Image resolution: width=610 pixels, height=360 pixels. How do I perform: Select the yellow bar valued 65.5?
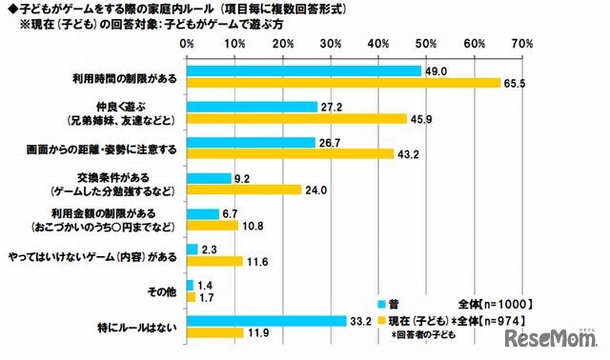coord(343,83)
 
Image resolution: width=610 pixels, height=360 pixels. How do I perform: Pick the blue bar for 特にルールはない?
coord(266,321)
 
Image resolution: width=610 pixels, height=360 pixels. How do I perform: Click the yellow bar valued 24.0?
coord(243,190)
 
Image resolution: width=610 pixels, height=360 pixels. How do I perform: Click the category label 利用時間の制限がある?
coord(125,77)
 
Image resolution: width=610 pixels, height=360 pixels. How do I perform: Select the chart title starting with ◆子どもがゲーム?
coord(152,9)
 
